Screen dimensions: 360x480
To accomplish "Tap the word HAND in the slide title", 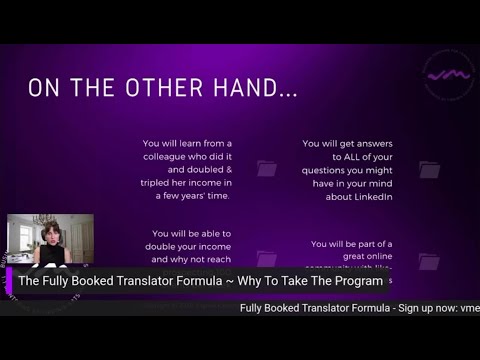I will [261, 88].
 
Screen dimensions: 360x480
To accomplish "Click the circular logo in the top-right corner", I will [449, 74].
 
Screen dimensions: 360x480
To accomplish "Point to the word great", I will [330, 257].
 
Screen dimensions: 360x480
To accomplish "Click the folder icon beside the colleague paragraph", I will [267, 169].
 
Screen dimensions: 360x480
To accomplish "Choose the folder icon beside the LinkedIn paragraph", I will [429, 170].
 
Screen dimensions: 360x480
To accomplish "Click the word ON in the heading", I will [42, 88].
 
